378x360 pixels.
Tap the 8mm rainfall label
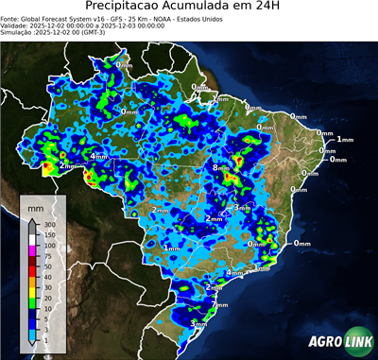(221, 168)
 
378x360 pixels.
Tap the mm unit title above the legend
(34, 205)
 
